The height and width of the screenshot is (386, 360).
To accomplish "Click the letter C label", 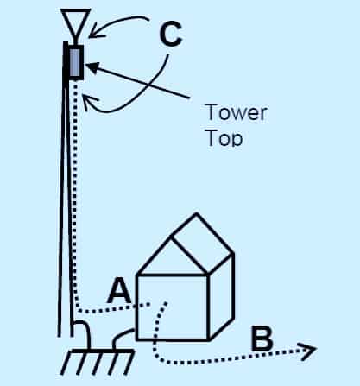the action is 171,35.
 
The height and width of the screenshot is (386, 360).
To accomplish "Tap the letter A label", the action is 120,291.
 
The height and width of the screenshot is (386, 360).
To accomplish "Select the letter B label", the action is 262,339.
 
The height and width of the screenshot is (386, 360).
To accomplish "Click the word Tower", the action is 236,112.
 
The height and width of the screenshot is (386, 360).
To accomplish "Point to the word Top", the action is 224,138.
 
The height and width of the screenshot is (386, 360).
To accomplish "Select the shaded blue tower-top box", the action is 75,62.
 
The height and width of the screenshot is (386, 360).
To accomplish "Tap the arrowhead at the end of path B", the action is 308,351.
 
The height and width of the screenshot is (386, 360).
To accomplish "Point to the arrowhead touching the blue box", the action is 92,66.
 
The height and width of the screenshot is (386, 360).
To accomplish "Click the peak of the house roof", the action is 196,213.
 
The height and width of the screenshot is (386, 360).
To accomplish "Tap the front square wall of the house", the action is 172,307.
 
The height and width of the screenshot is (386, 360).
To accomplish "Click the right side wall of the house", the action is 221,296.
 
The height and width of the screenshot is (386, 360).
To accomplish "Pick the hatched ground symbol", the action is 98,362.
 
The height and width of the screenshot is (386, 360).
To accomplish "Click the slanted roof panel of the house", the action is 202,244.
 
